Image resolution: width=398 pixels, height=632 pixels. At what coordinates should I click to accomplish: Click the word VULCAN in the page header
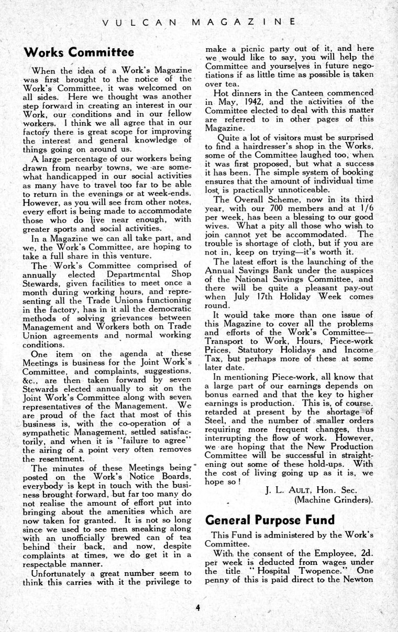point(140,21)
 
